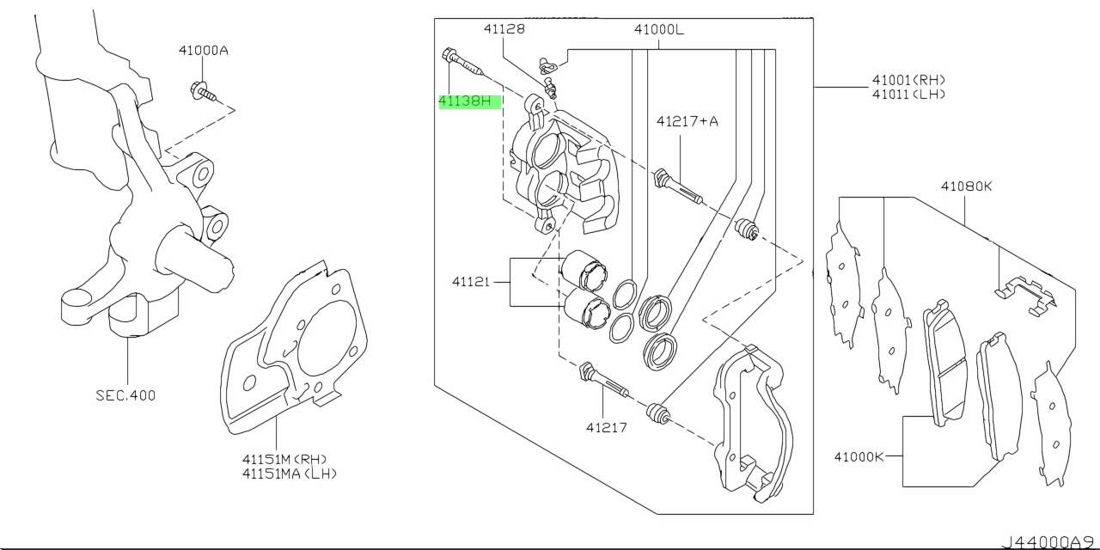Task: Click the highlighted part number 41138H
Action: (x=465, y=101)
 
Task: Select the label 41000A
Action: (x=204, y=51)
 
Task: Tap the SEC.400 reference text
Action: (x=125, y=395)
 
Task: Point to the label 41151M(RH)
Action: (x=284, y=460)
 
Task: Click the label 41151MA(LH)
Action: (x=290, y=474)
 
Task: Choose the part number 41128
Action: (x=504, y=29)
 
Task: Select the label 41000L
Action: (x=658, y=30)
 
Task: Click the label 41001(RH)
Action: (x=908, y=80)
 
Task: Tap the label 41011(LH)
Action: (x=908, y=95)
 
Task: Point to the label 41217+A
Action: (x=687, y=121)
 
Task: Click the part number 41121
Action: (x=470, y=282)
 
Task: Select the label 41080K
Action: (x=966, y=186)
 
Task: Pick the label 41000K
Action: (x=859, y=457)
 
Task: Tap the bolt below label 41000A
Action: (x=204, y=92)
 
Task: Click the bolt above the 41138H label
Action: (x=462, y=62)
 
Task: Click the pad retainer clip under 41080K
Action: (x=1025, y=296)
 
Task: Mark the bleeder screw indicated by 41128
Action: (x=551, y=87)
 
